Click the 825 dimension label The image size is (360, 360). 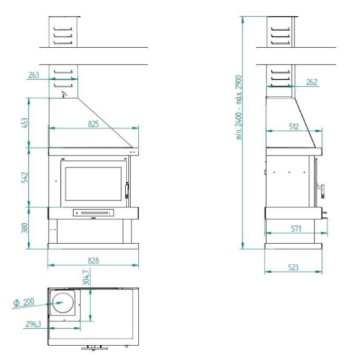(x=93, y=124)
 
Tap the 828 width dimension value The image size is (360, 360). (x=93, y=260)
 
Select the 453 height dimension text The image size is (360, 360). (x=25, y=123)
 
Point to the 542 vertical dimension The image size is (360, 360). (x=25, y=177)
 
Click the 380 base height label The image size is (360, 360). (x=25, y=228)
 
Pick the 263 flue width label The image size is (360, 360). (x=34, y=75)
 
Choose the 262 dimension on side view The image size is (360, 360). (x=312, y=82)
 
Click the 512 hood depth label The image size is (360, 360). (x=294, y=126)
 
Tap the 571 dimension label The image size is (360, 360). (x=296, y=229)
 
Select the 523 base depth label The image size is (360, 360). (x=293, y=268)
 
